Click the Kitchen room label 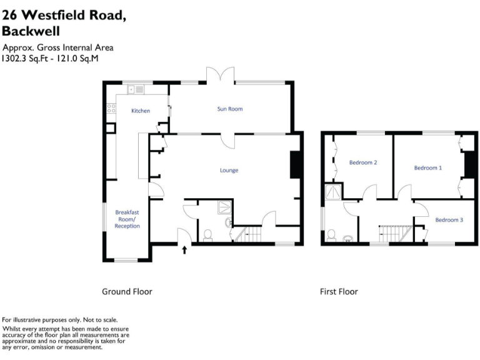click(140, 111)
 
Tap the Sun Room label click(229, 109)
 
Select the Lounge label click(229, 170)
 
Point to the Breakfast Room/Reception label click(127, 219)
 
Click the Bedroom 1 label click(427, 167)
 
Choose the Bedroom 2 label click(362, 162)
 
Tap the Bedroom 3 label click(449, 219)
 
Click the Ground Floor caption click(127, 291)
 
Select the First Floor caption click(339, 291)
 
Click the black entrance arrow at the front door click(184, 251)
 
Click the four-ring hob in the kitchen click(111, 109)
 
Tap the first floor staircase click(394, 234)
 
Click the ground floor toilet click(207, 235)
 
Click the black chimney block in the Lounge click(296, 165)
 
